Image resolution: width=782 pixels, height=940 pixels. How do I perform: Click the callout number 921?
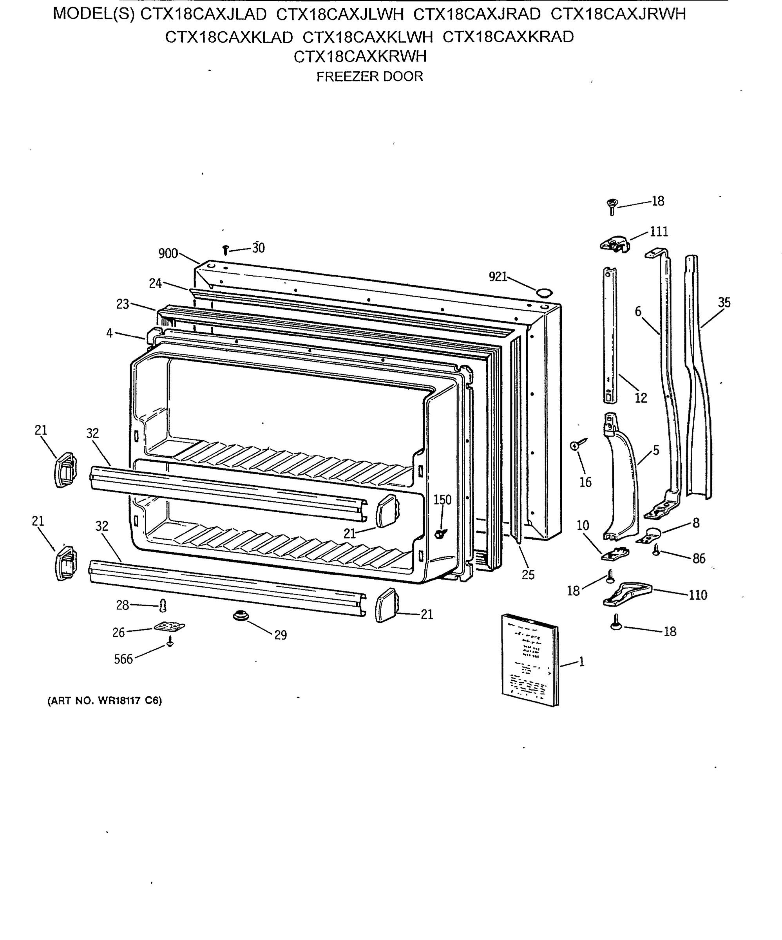[x=497, y=277]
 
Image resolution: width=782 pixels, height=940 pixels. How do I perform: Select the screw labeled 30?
[x=226, y=250]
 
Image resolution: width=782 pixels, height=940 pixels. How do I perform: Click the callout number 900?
[x=168, y=254]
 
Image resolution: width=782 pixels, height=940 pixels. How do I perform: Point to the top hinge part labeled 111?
[x=615, y=244]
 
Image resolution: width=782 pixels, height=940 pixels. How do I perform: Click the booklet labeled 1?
[x=529, y=660]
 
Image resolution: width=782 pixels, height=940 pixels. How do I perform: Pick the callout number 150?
[x=442, y=499]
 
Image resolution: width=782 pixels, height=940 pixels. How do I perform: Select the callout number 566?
[x=123, y=659]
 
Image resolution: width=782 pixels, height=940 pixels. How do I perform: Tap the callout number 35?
[x=724, y=303]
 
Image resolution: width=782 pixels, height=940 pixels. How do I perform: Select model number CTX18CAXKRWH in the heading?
[x=360, y=56]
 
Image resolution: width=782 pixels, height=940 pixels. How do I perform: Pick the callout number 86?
[x=699, y=558]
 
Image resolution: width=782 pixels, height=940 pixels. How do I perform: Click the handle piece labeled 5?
[x=623, y=479]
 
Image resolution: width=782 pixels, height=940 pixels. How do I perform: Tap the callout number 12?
[x=641, y=398]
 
